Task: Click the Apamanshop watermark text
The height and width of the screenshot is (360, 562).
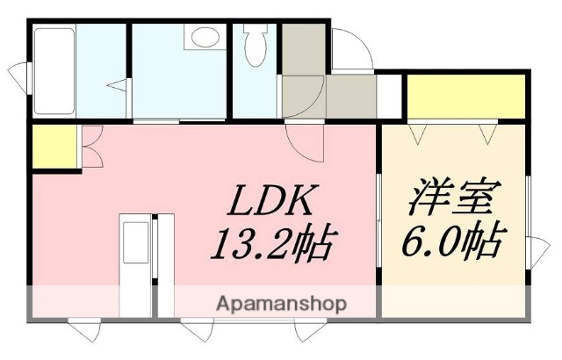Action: [x=280, y=305]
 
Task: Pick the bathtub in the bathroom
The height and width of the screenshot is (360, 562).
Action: [x=54, y=70]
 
